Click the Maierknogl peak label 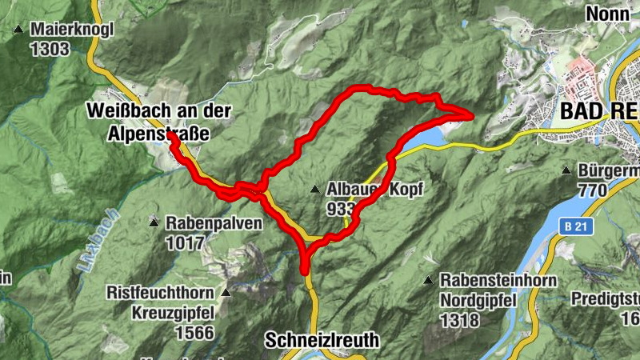73,30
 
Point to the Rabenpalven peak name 214,223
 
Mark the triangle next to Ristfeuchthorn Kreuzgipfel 226,293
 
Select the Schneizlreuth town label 321,341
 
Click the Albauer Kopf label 373,190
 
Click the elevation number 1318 458,320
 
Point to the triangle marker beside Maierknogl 18,30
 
